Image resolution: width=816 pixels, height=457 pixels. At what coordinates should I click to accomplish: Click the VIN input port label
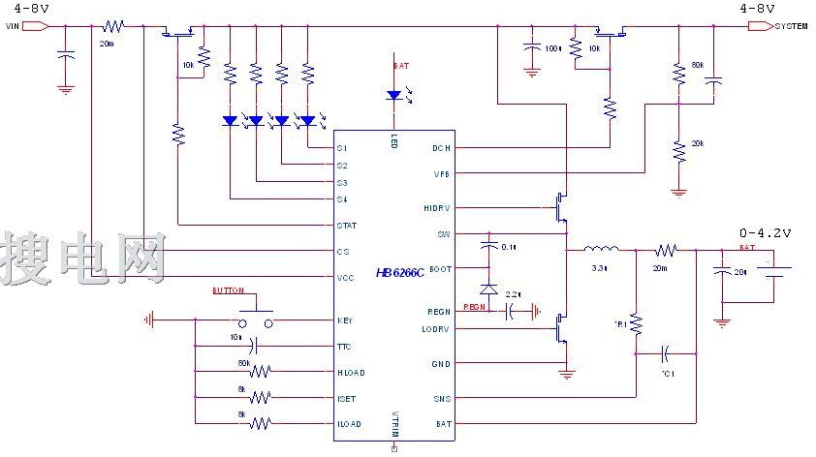(12, 26)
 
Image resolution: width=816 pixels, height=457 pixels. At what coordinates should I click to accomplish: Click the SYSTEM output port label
(791, 26)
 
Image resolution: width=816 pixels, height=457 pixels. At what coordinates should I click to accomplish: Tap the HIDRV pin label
(437, 208)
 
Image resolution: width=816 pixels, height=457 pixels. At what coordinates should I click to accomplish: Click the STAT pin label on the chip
(346, 226)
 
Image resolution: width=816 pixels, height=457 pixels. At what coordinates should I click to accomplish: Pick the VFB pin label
(442, 173)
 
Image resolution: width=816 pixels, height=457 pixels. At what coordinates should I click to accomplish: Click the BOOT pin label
(440, 268)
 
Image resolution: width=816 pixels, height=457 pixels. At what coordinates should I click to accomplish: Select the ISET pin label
(346, 397)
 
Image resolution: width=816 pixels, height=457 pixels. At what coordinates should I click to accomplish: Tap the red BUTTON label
(228, 289)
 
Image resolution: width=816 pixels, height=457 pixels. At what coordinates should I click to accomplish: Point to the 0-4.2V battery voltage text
(765, 233)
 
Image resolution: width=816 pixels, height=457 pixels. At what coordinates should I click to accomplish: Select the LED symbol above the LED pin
(393, 95)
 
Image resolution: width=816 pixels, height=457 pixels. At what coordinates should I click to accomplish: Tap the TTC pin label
(344, 347)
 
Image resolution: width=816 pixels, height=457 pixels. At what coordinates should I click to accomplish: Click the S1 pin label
(341, 148)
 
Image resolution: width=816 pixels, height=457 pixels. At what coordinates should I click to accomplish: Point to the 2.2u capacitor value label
(513, 293)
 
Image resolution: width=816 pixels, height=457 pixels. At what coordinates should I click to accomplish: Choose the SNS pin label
(442, 398)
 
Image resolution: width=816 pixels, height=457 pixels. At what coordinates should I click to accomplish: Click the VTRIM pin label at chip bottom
(394, 427)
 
